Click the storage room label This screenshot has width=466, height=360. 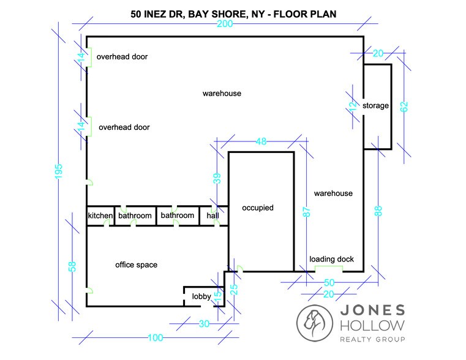pos(375,106)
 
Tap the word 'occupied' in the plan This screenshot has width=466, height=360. pos(257,208)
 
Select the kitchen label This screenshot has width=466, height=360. pos(100,216)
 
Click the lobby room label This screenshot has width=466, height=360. pos(201,297)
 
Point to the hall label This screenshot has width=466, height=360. pos(212,216)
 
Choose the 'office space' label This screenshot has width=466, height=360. pos(136,265)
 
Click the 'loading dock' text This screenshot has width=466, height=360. pos(331,260)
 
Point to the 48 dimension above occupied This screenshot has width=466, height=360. pos(261,142)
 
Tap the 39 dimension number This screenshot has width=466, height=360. pos(216,179)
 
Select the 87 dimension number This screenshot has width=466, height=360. pos(307,212)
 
